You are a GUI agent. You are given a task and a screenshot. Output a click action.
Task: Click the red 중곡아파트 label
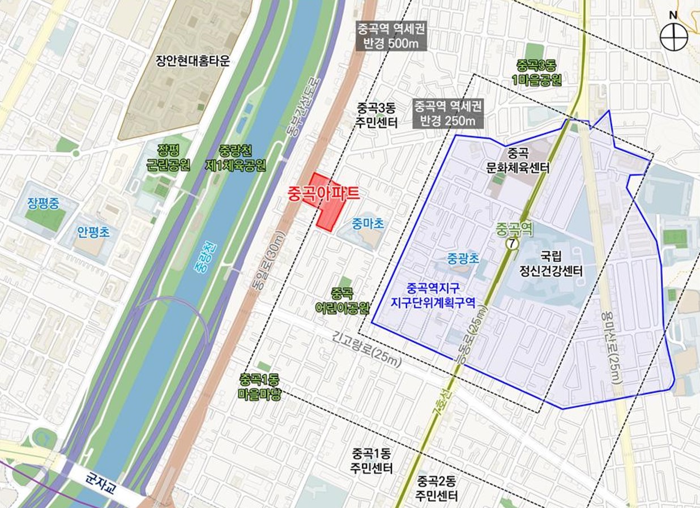click(x=323, y=193)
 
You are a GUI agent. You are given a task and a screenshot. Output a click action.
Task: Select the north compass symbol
click(x=673, y=38)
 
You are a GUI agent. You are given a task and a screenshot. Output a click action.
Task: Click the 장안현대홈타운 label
click(x=193, y=61)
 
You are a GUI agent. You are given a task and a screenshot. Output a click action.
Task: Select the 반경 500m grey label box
click(x=391, y=36)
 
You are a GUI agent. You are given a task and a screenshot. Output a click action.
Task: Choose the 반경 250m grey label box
click(x=448, y=113)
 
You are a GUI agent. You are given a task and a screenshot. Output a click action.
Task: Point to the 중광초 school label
click(x=463, y=259)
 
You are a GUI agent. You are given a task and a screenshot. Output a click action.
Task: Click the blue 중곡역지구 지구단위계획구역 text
click(x=433, y=294)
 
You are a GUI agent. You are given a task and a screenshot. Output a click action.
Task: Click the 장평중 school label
click(x=42, y=203)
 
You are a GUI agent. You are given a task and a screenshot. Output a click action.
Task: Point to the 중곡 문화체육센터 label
click(x=518, y=161)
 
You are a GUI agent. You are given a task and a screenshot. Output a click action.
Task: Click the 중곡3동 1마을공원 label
click(x=536, y=73)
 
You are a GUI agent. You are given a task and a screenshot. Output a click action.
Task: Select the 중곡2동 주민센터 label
click(x=436, y=489)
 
